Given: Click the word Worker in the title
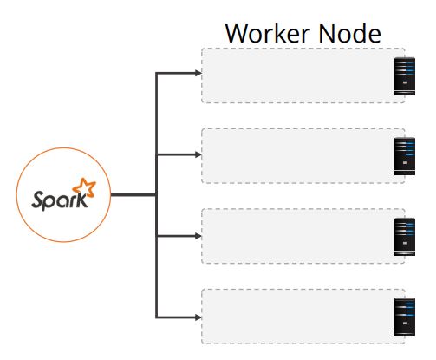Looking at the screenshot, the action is pyautogui.click(x=268, y=33).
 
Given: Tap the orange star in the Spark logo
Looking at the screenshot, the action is pyautogui.click(x=84, y=187).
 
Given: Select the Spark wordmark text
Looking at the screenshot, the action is pyautogui.click(x=60, y=200).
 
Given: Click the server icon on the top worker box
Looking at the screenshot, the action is pyautogui.click(x=405, y=76).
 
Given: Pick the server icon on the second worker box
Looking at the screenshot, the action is pyautogui.click(x=405, y=156).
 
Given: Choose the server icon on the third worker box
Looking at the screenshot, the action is pyautogui.click(x=405, y=237).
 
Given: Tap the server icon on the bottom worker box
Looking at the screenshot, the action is pyautogui.click(x=405, y=317).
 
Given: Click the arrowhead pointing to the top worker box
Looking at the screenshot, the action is pyautogui.click(x=198, y=73).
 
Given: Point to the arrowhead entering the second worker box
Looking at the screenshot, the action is pyautogui.click(x=198, y=154).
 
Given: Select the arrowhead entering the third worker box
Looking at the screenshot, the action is pyautogui.click(x=198, y=236).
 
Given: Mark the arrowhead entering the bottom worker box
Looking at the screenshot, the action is pyautogui.click(x=198, y=317).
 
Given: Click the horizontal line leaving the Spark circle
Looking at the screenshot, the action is pyautogui.click(x=133, y=195).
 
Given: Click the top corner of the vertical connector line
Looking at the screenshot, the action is pyautogui.click(x=156, y=73).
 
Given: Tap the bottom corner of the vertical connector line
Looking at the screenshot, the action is pyautogui.click(x=156, y=317).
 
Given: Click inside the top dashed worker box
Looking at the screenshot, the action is pyautogui.click(x=297, y=75).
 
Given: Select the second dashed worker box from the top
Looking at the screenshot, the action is pyautogui.click(x=297, y=155).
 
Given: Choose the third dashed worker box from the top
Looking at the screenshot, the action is pyautogui.click(x=297, y=236).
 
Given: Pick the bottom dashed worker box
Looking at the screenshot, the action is pyautogui.click(x=297, y=317).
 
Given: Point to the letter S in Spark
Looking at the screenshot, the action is pyautogui.click(x=38, y=200).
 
